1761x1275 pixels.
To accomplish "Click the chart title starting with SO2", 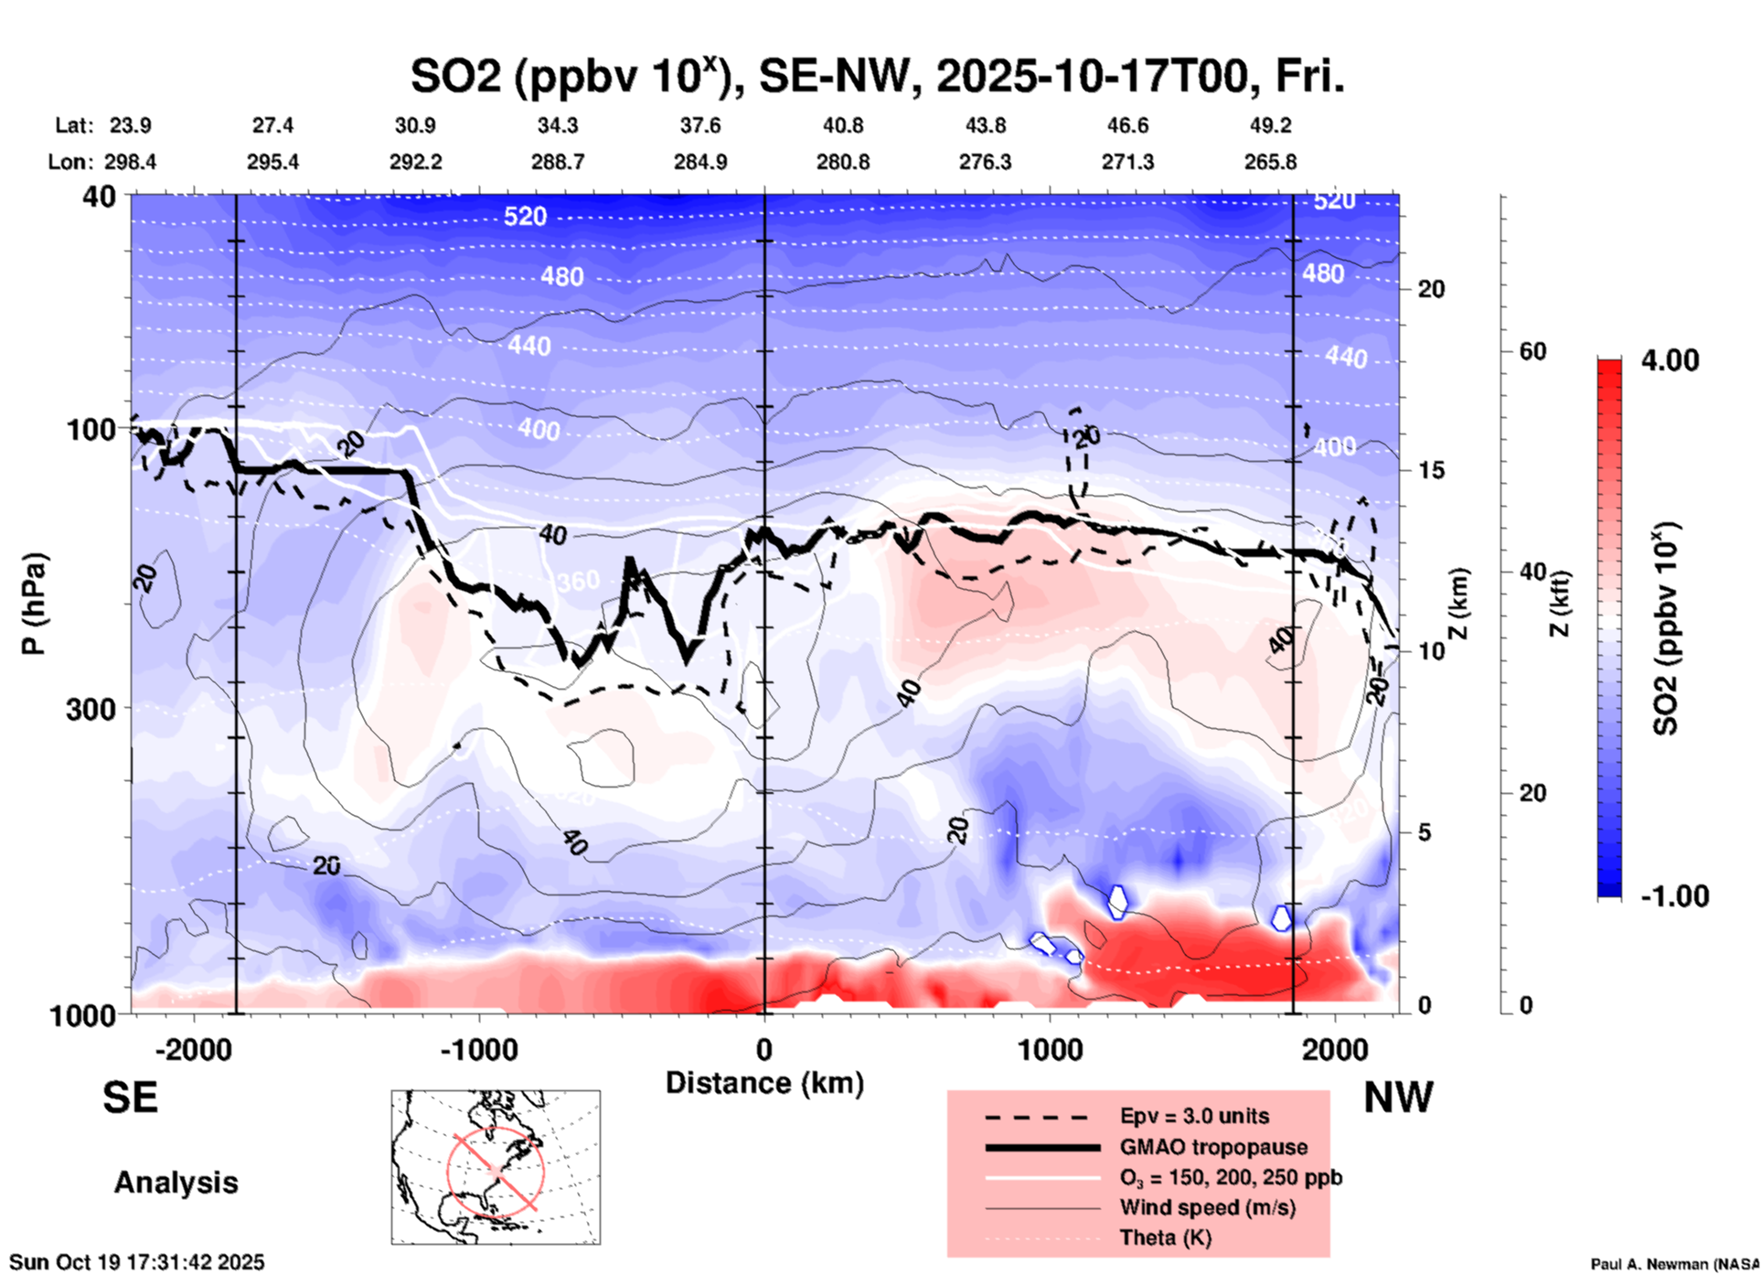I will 877,76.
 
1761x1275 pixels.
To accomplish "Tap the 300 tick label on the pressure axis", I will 91,709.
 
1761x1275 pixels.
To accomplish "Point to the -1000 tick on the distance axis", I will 478,1049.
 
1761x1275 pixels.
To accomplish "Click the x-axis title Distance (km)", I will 764,1083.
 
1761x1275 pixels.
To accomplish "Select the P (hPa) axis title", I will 34,604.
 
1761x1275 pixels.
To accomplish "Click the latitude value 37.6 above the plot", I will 700,125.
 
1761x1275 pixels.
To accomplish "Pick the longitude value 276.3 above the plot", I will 985,162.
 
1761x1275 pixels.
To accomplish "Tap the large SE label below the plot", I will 130,1098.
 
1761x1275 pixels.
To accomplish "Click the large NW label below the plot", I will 1398,1098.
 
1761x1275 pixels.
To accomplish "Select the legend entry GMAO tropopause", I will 1213,1147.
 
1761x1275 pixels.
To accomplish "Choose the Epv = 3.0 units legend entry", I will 1194,1116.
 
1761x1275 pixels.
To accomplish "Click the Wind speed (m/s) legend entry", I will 1207,1207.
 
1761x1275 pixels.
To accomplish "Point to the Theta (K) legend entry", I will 1165,1237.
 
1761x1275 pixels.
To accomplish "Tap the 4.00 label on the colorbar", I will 1670,360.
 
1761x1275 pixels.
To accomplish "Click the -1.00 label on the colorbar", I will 1674,896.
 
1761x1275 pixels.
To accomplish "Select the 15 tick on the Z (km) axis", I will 1431,470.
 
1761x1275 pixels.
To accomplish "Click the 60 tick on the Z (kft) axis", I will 1532,351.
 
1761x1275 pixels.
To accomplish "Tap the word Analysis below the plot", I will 176,1183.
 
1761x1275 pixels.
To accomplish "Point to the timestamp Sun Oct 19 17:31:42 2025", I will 137,1262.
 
